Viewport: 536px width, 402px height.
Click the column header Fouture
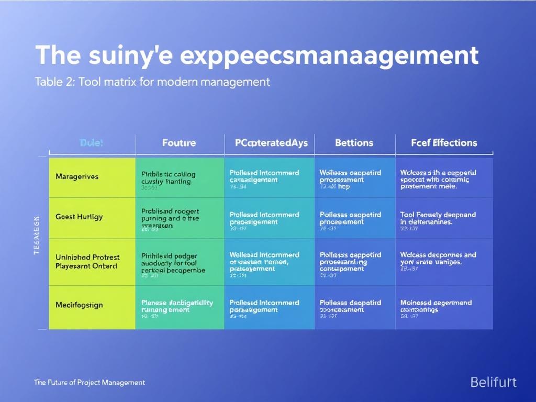179,143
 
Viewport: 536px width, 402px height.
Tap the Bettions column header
354,143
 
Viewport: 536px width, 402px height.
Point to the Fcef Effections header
444,143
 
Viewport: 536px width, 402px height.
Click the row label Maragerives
77,177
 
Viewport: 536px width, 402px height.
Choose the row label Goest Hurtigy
79,217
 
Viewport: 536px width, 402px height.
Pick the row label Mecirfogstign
79,305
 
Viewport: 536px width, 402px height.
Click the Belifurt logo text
493,382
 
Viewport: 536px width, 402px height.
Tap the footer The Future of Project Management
89,383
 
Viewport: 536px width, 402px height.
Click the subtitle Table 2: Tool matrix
152,82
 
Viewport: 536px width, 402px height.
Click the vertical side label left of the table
37,236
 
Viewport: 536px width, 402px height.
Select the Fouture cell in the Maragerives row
179,178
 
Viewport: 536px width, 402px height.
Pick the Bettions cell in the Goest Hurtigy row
354,219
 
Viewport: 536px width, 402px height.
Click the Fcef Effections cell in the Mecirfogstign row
443,307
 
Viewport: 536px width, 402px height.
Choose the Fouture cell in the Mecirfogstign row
179,307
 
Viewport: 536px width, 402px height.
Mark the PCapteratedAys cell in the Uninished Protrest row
269,262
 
